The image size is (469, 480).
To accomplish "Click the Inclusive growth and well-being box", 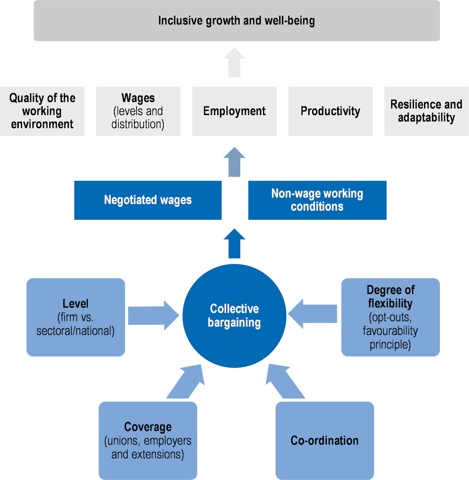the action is pyautogui.click(x=237, y=21).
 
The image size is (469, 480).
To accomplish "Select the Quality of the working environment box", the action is pyautogui.click(x=42, y=111).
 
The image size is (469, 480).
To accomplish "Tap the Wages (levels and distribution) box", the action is pyautogui.click(x=138, y=111).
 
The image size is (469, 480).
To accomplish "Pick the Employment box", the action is pyautogui.click(x=234, y=111).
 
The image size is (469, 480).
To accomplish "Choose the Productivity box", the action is pyautogui.click(x=330, y=111).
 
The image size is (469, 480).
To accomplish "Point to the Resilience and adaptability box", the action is pyautogui.click(x=426, y=111).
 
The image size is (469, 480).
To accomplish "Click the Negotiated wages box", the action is pyautogui.click(x=148, y=200).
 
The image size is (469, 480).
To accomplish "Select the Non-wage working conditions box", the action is pyautogui.click(x=318, y=200).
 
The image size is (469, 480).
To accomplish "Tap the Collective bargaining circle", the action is pyautogui.click(x=234, y=316).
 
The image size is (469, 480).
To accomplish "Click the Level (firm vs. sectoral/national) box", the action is pyautogui.click(x=76, y=317).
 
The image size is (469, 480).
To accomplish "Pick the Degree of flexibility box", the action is pyautogui.click(x=390, y=317).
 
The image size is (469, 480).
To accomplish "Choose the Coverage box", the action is pyautogui.click(x=148, y=441).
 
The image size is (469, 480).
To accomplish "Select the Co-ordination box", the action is pyautogui.click(x=325, y=441).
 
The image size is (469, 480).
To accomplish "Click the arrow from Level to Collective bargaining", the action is pyautogui.click(x=153, y=315).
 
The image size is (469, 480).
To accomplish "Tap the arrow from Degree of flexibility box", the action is pyautogui.click(x=312, y=314).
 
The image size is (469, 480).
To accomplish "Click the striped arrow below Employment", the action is pyautogui.click(x=234, y=162).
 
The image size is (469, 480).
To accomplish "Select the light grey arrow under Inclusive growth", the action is pyautogui.click(x=234, y=62).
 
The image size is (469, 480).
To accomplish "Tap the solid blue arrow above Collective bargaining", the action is pyautogui.click(x=234, y=243).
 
